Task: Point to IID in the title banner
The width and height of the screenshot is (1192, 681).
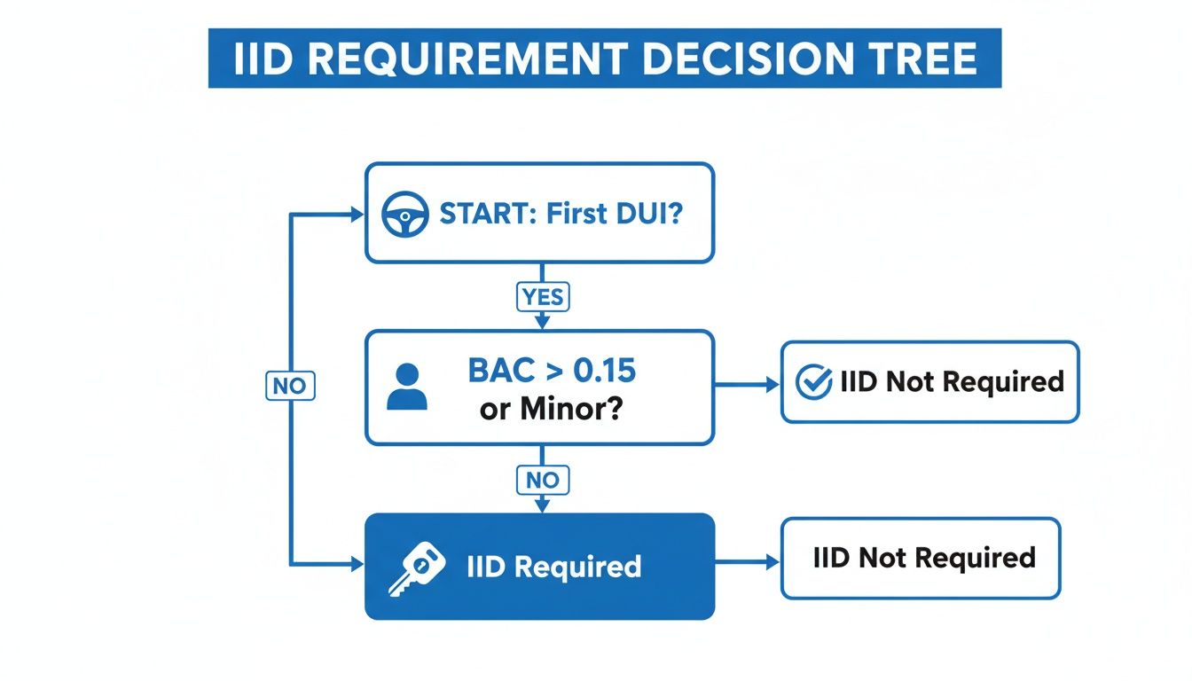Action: tap(263, 59)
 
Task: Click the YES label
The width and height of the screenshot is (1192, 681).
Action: tap(542, 297)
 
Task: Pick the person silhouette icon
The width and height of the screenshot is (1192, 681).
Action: tap(407, 388)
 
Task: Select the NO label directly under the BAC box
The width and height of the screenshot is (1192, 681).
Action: tap(542, 480)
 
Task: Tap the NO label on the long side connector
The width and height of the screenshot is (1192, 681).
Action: tap(290, 386)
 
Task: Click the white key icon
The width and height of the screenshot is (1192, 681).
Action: tap(415, 567)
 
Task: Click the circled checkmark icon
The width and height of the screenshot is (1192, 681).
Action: tap(813, 382)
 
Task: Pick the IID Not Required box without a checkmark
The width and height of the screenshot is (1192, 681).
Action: tap(920, 558)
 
